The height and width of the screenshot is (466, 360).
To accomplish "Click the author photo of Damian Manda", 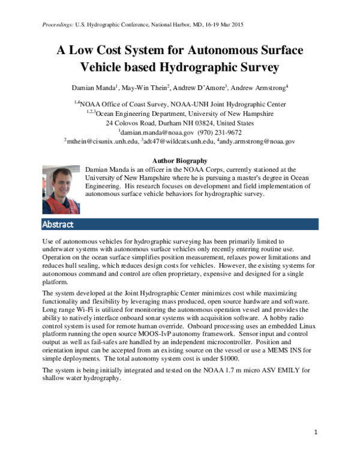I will coord(61,190).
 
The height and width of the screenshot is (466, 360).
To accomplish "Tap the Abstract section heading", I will coord(58,225).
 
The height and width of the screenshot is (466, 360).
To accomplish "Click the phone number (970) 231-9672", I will coord(220,132).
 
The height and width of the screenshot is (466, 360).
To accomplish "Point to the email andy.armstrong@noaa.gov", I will coord(257,142).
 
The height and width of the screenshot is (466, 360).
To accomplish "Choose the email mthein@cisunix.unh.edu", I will coord(101,142).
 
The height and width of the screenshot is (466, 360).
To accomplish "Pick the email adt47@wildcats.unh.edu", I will coord(178,142).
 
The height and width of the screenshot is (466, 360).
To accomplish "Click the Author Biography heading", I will coord(180,161).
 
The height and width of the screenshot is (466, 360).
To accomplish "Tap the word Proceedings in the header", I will coord(58,24).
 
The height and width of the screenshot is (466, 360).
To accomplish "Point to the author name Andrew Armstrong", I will coord(259,88).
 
